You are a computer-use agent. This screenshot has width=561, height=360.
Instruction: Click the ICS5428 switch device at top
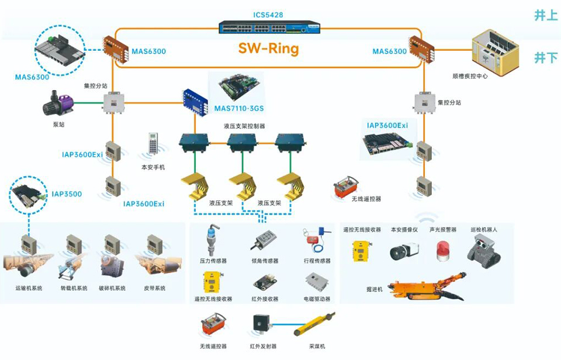point(269,27)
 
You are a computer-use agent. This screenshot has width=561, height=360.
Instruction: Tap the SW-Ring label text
point(268,49)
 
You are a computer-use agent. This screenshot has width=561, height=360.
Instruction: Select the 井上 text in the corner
point(546,16)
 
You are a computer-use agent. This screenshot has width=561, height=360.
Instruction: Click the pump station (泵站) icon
point(57,105)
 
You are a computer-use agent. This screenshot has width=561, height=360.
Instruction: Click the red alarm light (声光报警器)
point(442,250)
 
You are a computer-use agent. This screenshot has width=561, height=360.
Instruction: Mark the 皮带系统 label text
point(155,288)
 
